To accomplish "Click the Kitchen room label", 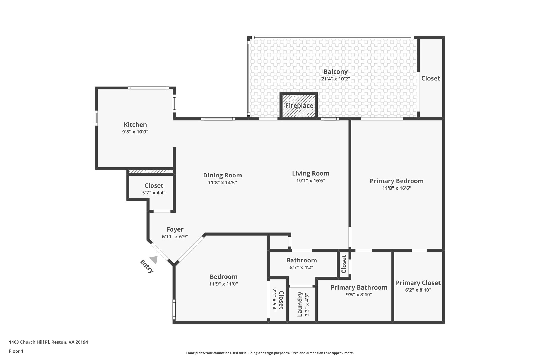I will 135,124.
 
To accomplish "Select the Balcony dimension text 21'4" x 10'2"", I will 335,79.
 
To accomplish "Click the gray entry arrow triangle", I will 154,260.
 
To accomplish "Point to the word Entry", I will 147,266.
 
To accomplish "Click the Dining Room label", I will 222,175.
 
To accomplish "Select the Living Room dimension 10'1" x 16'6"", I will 310,181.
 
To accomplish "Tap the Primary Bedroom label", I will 396,181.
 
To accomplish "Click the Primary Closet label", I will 418,283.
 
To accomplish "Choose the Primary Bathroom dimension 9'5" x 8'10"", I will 359,295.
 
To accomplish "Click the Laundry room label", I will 300,304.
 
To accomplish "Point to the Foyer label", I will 175,229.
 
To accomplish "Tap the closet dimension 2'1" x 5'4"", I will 274,300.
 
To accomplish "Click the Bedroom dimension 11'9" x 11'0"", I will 223,284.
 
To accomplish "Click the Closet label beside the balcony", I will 430,78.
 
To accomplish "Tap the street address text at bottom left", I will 49,342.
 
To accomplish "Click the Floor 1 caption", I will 16,351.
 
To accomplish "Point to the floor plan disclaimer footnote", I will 270,353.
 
